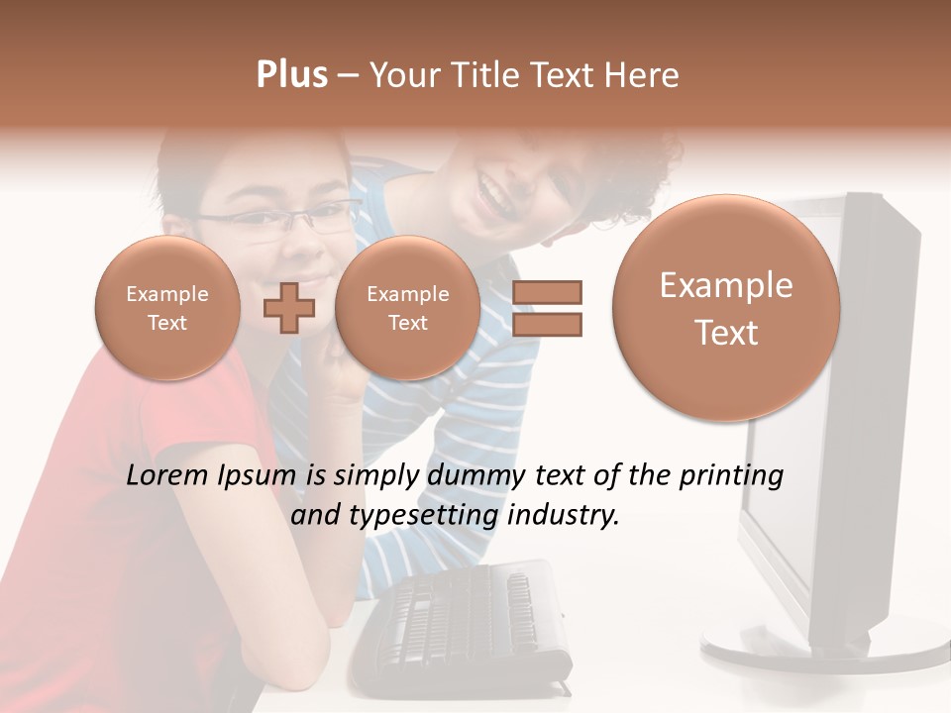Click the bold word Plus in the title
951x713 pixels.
point(291,74)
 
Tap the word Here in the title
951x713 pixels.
point(643,75)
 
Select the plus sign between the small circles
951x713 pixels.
point(289,308)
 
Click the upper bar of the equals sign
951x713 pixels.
point(547,292)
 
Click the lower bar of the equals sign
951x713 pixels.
point(547,324)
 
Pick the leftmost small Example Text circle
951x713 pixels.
point(167,308)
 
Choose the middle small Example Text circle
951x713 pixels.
point(407,308)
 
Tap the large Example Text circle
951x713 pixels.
point(726,308)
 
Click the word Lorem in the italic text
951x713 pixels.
point(168,475)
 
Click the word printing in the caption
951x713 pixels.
point(731,477)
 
